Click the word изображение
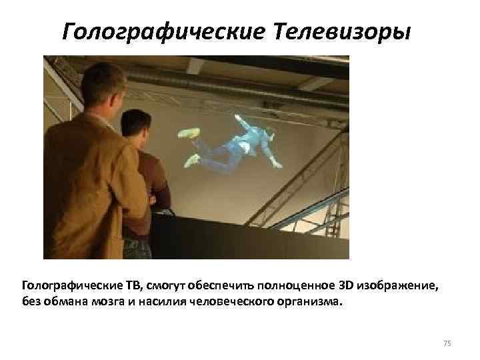(x=399, y=286)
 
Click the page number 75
(x=447, y=343)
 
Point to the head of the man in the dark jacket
(x=137, y=127)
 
